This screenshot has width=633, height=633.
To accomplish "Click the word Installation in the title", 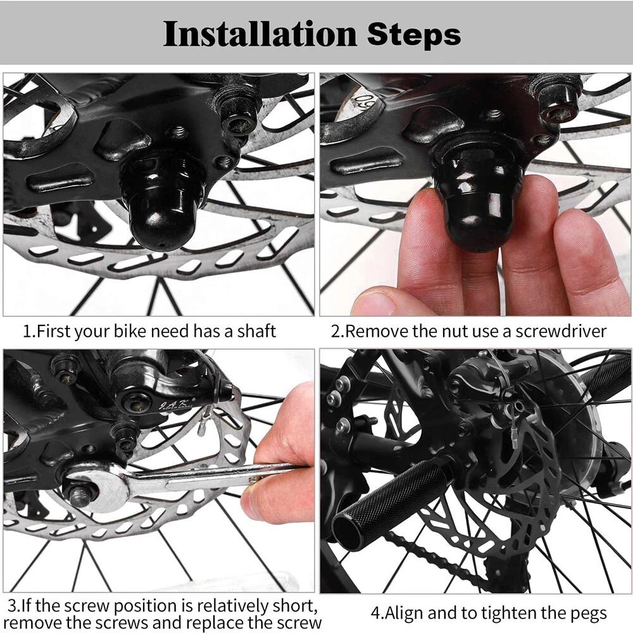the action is click(x=260, y=34).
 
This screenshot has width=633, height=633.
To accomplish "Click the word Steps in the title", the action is click(x=414, y=34).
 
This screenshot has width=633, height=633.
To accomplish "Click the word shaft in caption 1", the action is click(x=256, y=331).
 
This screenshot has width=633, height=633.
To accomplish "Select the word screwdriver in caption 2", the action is click(x=561, y=332).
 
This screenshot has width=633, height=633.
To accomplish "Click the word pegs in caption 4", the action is click(x=589, y=613).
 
